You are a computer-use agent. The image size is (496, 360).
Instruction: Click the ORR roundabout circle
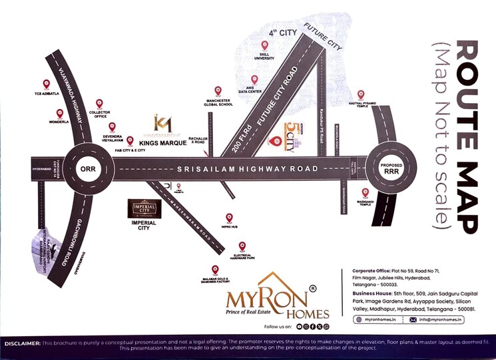pos(88,168)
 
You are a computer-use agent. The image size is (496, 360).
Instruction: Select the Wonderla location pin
pos(59,114)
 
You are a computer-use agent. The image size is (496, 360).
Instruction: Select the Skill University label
pos(264,57)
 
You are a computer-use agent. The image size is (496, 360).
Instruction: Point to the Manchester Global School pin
pos(218,90)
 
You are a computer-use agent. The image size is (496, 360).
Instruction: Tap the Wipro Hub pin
pos(229,217)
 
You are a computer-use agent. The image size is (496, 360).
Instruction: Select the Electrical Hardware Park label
pos(242,257)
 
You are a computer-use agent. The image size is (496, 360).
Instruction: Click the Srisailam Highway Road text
pos(248,169)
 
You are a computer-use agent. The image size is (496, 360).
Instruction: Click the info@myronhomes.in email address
pos(439,319)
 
